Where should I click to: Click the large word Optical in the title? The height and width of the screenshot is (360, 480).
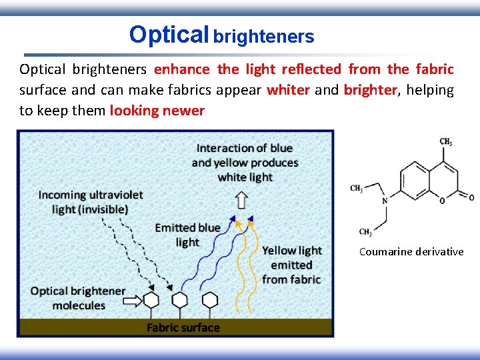click(x=169, y=34)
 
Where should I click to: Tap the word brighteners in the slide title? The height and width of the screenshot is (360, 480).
click(x=264, y=37)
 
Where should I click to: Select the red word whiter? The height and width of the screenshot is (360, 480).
click(x=288, y=90)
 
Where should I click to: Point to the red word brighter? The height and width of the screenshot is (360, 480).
click(x=370, y=90)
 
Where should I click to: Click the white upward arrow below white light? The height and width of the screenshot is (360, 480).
click(x=241, y=199)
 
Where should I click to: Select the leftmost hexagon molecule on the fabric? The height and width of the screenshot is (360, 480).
click(x=152, y=299)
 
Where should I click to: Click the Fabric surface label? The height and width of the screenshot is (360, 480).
click(x=183, y=327)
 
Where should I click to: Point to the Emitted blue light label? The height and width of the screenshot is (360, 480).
click(x=187, y=235)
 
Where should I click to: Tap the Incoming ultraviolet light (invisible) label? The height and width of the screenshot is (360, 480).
click(x=90, y=202)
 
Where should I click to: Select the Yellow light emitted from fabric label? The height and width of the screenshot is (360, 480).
click(x=291, y=265)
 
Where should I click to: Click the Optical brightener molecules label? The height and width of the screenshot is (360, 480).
click(x=78, y=298)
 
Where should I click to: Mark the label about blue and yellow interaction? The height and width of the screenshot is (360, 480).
click(x=245, y=162)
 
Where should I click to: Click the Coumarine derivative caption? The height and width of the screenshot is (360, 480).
click(x=411, y=251)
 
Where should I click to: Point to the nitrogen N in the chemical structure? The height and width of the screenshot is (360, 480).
click(x=385, y=199)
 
